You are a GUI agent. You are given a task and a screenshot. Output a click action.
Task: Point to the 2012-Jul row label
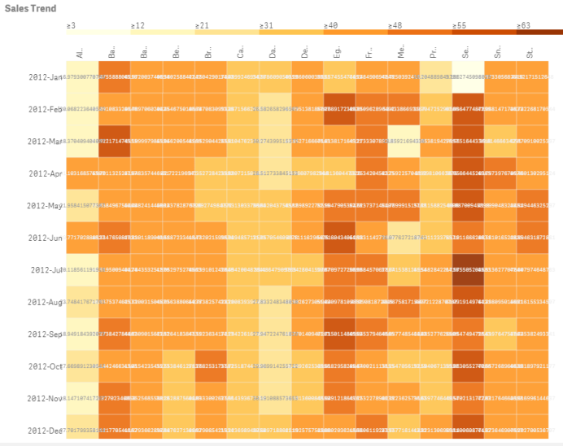pyautogui.click(x=47, y=269)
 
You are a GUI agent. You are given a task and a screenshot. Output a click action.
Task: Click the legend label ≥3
pyautogui.click(x=72, y=26)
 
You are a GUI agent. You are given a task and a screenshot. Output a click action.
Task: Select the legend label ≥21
pyautogui.click(x=203, y=26)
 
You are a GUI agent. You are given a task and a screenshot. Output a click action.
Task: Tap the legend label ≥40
pyautogui.click(x=331, y=26)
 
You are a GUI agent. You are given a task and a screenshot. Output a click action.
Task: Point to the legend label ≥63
pyautogui.click(x=523, y=26)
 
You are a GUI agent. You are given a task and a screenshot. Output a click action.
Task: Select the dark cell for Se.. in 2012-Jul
pyautogui.click(x=466, y=269)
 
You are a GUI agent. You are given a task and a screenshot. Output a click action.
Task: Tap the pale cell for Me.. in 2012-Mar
pyautogui.click(x=402, y=141)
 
